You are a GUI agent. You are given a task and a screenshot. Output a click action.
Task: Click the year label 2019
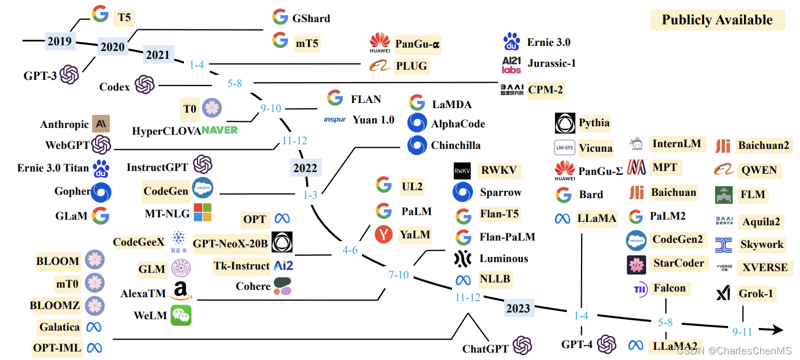59,41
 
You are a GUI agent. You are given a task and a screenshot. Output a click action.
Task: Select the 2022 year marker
306,168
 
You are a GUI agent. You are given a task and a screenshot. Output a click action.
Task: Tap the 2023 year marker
518,308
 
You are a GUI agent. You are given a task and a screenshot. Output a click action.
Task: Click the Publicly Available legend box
717,20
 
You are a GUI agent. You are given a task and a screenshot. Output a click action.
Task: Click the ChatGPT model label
485,349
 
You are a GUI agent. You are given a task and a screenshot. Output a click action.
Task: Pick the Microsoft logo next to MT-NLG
203,212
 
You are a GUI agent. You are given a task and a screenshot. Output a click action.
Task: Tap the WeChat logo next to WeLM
180,315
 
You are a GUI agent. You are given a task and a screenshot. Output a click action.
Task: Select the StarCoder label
678,263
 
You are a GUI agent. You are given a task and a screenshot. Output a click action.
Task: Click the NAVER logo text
220,130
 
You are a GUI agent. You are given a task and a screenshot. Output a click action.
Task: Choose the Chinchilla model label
455,145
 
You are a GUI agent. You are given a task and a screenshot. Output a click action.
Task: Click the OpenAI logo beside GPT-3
70,74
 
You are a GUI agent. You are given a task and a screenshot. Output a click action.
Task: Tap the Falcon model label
669,288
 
